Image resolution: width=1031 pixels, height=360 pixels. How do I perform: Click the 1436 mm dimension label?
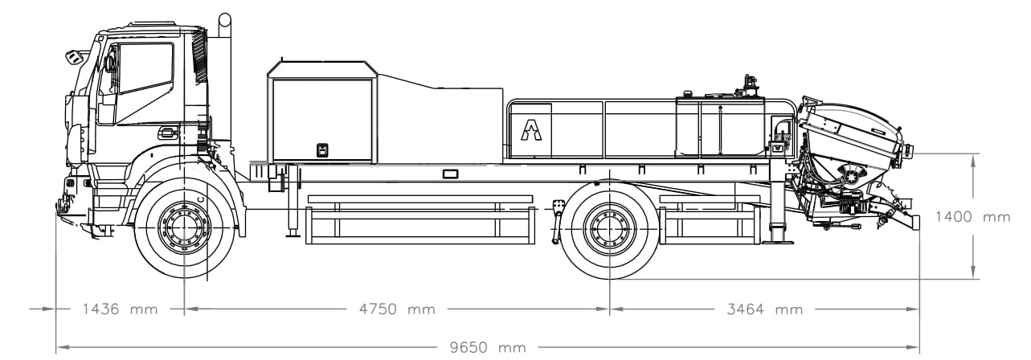120,309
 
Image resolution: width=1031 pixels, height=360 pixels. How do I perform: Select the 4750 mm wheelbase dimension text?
397,309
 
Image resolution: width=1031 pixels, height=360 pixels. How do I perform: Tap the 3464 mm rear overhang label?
765,309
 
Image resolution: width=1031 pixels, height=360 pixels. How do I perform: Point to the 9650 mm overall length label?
488,347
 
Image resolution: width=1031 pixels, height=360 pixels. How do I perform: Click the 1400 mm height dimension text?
973,216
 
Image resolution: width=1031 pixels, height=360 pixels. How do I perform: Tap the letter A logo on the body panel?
531,129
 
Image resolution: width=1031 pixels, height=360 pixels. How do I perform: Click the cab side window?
145,69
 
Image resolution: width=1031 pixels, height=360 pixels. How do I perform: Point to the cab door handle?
167,133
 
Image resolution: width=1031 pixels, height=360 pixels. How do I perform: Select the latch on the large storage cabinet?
323,150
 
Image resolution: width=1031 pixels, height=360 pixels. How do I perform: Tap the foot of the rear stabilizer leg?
778,241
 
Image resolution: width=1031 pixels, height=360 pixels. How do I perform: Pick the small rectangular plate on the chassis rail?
450,174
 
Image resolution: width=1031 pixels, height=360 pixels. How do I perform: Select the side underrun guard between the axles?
420,219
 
